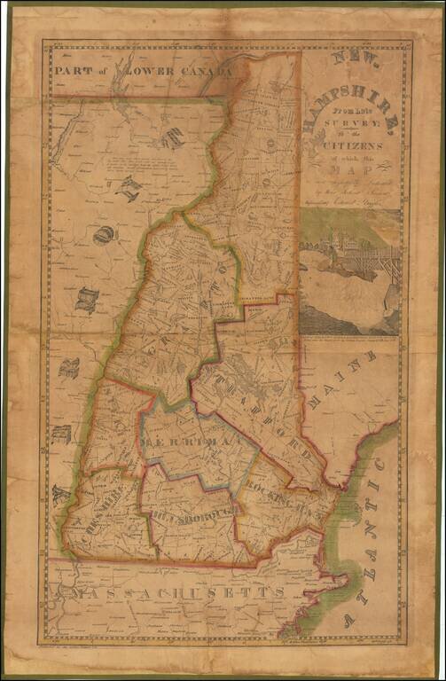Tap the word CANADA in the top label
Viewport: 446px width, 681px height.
coord(202,69)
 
